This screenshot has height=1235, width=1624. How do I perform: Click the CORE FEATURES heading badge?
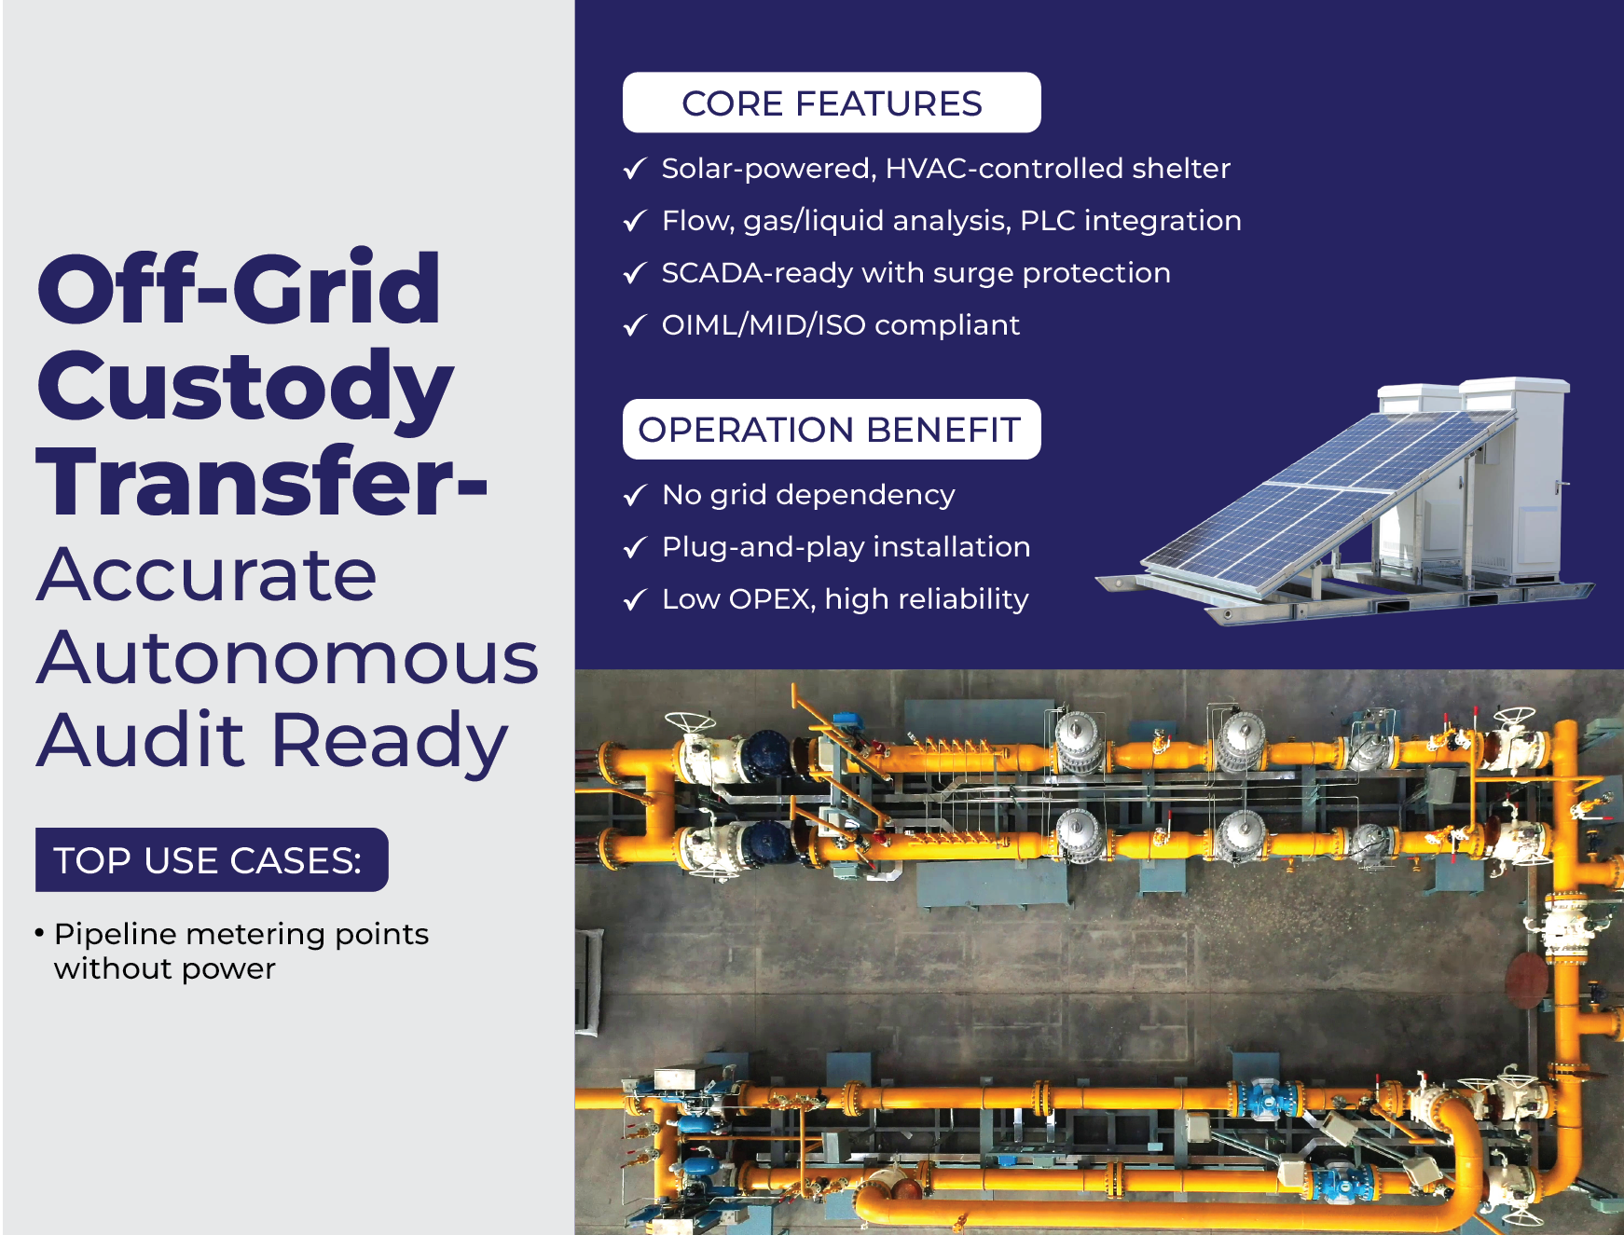click(832, 103)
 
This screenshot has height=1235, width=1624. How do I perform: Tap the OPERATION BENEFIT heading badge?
click(832, 429)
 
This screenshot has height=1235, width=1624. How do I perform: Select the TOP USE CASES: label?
click(212, 859)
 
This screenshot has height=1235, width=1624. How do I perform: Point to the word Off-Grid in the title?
click(239, 288)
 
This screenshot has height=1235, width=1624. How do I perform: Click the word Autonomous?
click(288, 657)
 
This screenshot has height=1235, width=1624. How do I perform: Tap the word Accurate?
click(207, 574)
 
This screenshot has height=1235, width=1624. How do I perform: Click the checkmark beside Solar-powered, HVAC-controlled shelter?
click(635, 169)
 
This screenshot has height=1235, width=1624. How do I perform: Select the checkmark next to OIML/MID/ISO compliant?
click(635, 325)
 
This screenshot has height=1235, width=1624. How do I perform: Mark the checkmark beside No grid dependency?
click(635, 495)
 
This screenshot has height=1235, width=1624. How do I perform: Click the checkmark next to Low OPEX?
click(635, 599)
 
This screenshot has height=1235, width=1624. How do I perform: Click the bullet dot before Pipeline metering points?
click(39, 932)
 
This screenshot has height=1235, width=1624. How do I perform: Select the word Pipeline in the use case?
click(116, 934)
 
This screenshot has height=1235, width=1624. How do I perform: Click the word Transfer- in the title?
click(262, 481)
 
